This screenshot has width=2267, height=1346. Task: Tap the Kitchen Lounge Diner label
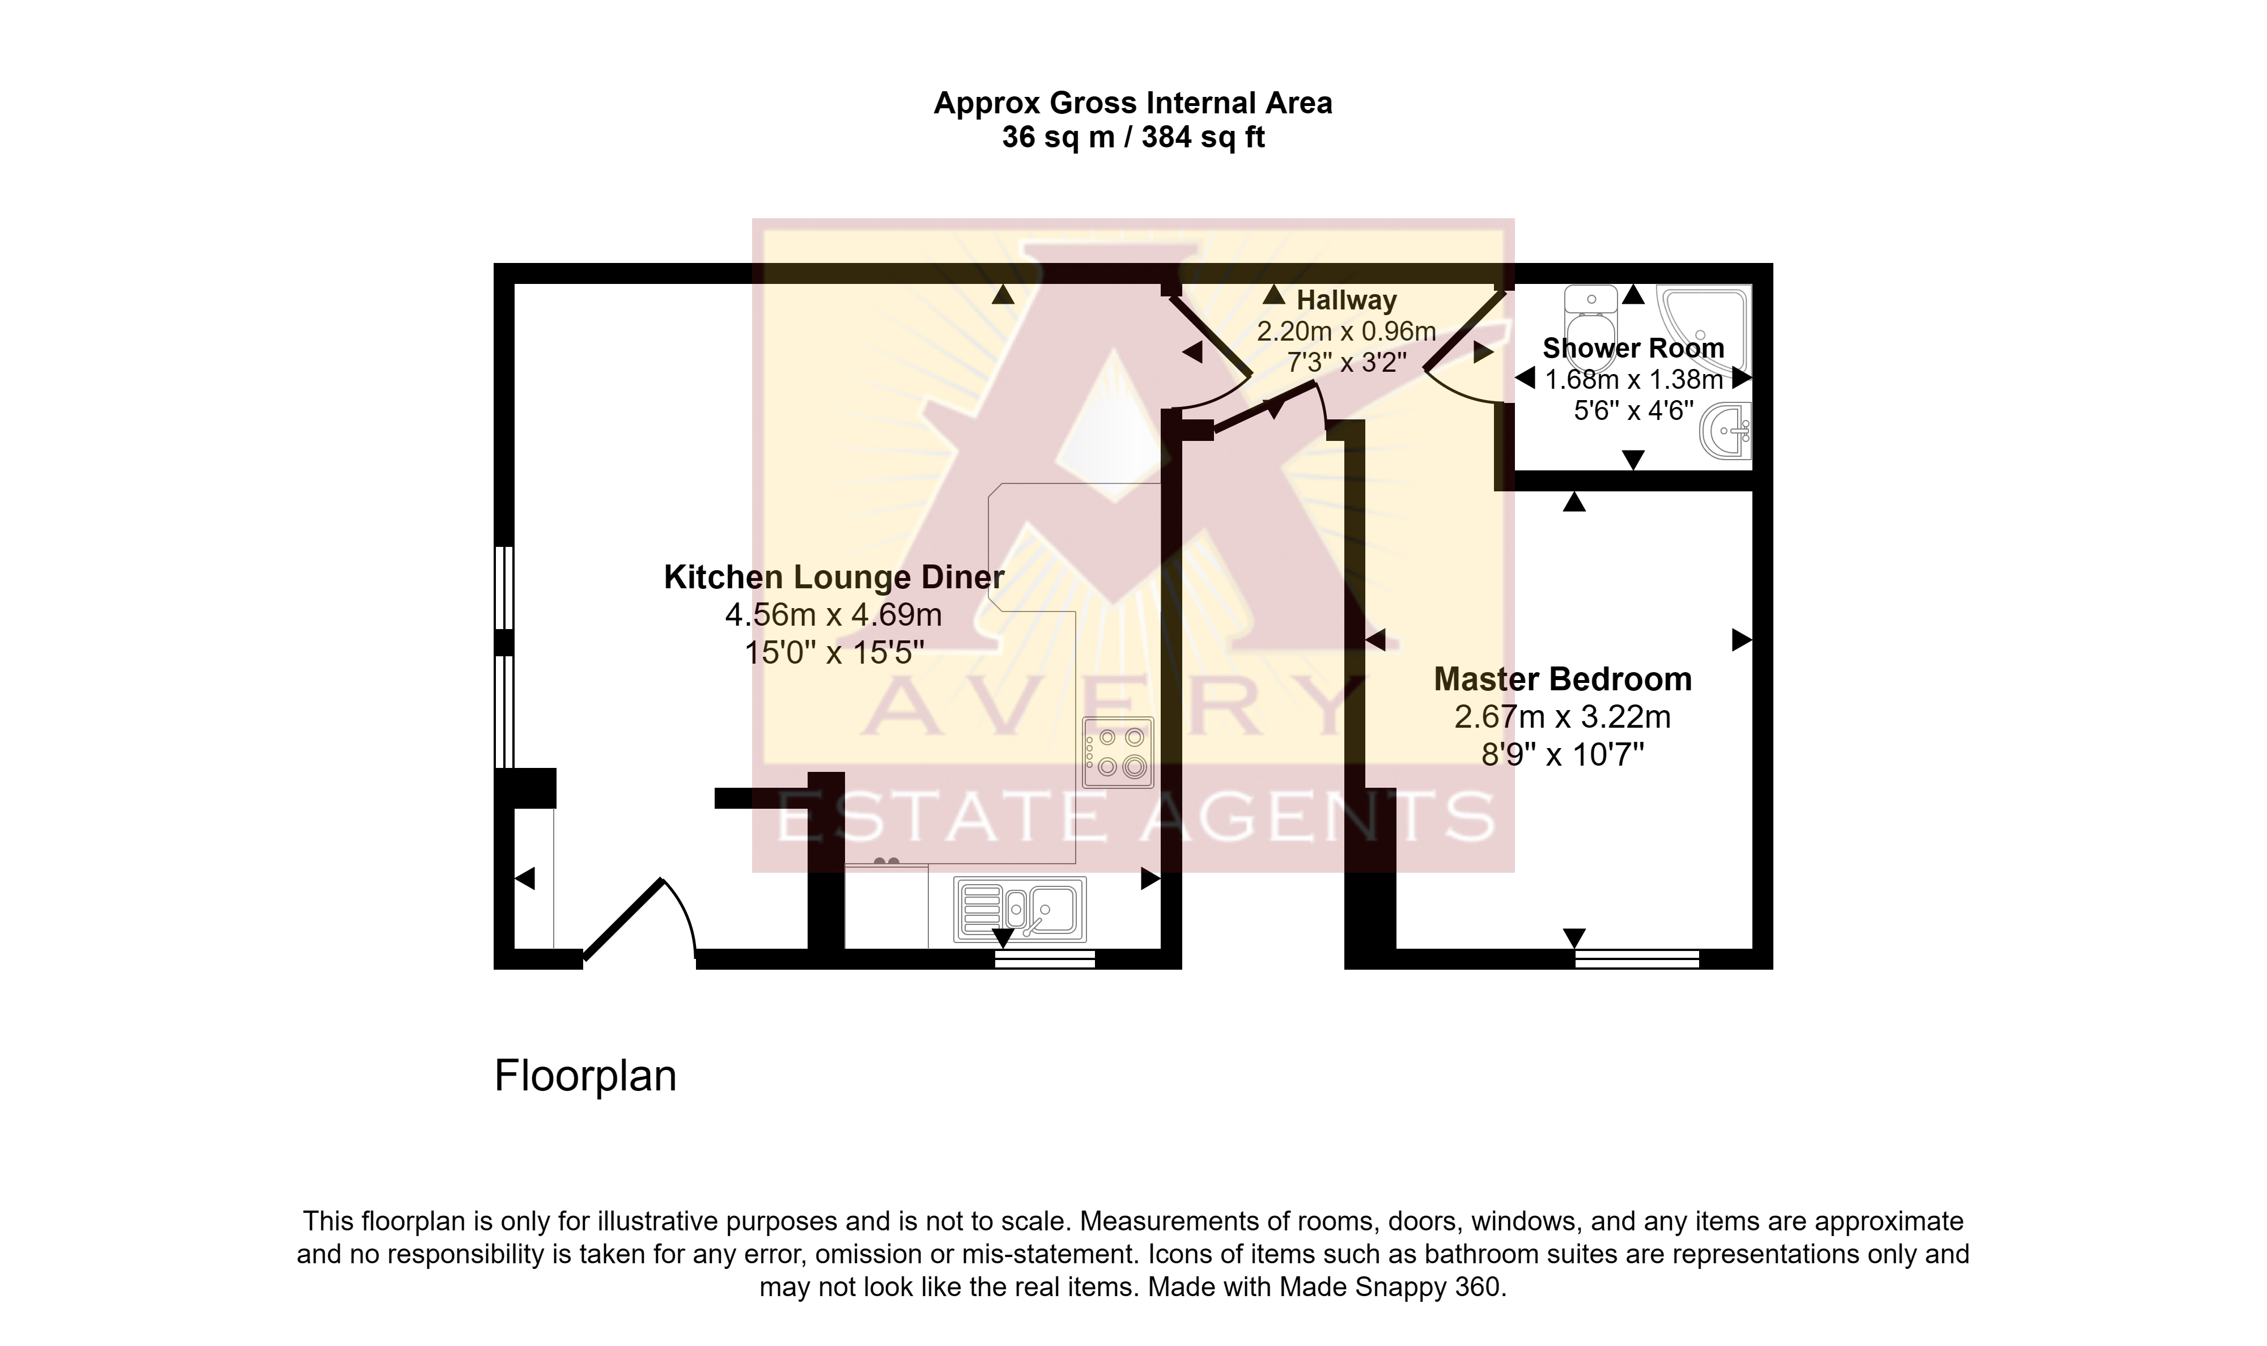834,577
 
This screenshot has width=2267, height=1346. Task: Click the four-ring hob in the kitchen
1118,752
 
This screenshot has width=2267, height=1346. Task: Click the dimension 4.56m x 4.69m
833,615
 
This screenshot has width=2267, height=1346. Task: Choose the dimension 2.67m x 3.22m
1563,716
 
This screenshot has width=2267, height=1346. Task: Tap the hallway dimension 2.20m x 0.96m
1347,331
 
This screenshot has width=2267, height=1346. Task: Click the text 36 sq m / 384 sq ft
1133,137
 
